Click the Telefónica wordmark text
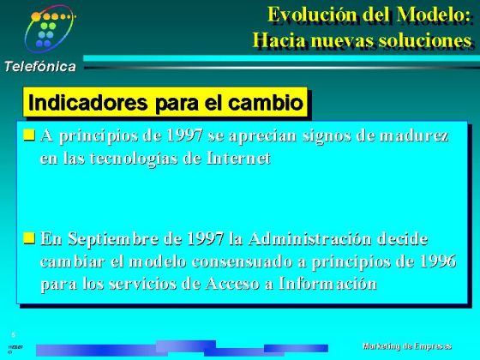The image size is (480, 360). [x=39, y=66]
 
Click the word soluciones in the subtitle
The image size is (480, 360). [x=426, y=40]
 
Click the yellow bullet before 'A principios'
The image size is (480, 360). [x=29, y=135]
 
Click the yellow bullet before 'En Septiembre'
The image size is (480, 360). [x=29, y=237]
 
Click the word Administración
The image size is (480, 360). [x=309, y=238]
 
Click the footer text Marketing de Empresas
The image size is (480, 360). [x=406, y=345]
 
